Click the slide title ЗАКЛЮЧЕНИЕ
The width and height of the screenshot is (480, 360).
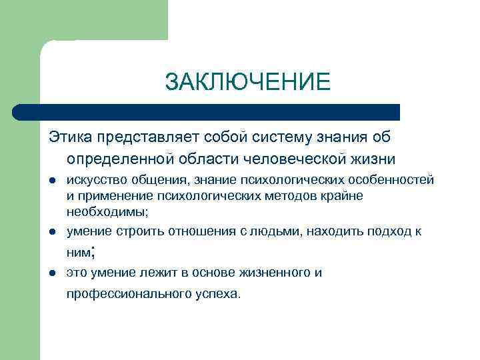247,82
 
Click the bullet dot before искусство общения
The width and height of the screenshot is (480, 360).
51,181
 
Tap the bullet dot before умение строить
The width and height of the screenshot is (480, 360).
51,231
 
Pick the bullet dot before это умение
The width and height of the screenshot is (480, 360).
51,273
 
